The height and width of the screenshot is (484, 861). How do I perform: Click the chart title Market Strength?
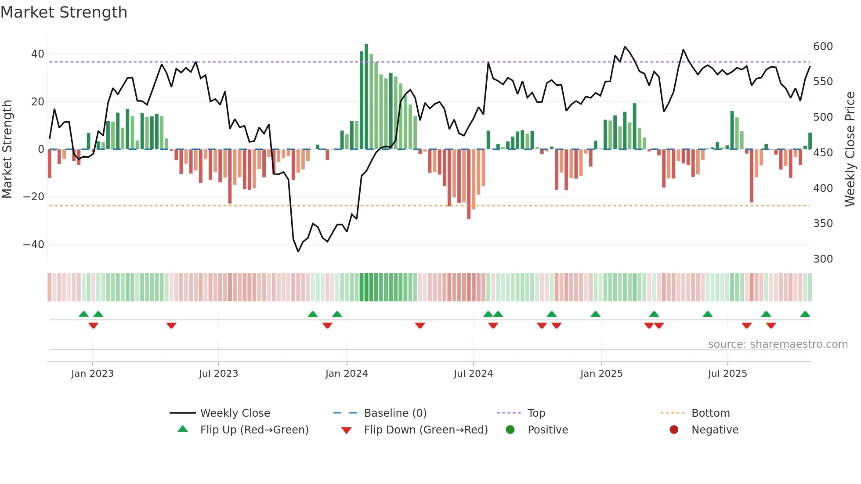click(64, 12)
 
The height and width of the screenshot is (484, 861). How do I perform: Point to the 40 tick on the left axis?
click(37, 54)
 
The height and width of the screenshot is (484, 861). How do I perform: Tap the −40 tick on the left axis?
click(33, 244)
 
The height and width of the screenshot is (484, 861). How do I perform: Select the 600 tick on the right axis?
click(823, 47)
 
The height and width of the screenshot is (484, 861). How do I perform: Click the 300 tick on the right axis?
click(823, 259)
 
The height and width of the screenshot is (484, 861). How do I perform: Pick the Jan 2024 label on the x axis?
click(346, 374)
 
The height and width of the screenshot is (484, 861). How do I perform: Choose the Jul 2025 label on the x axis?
click(727, 374)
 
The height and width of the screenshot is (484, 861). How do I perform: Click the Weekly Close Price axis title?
click(850, 149)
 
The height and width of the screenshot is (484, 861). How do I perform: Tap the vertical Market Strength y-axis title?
click(7, 149)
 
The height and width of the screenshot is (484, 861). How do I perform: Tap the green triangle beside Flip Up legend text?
click(183, 429)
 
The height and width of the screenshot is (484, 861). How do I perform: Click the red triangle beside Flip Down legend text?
click(346, 430)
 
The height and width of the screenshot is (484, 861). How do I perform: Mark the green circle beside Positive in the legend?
click(510, 430)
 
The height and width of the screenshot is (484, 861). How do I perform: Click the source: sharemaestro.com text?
click(778, 344)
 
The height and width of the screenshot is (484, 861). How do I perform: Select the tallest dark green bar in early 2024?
click(366, 97)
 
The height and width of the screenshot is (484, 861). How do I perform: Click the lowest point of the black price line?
click(298, 251)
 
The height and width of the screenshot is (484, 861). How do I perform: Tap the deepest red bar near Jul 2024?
click(469, 184)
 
